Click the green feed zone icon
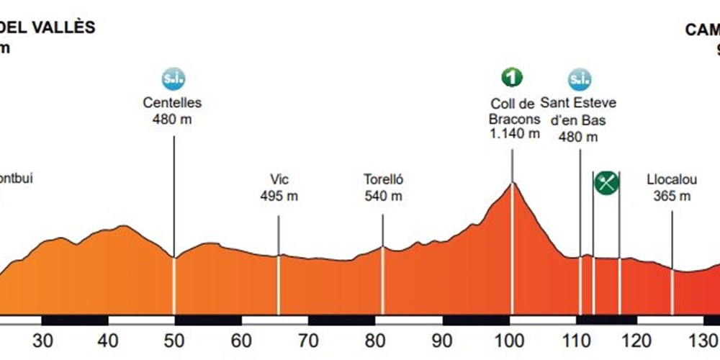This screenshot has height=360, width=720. coord(606,183)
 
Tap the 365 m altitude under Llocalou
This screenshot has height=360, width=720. coord(672,196)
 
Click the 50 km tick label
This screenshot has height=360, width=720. coord(174,341)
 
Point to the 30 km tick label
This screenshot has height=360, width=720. coord(44,341)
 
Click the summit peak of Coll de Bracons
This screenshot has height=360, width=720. coord(512,184)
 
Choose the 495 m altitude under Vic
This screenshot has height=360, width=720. coord(279,196)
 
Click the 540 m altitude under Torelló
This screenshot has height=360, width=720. coord(382,196)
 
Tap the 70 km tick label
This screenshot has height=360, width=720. coord(308,341)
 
